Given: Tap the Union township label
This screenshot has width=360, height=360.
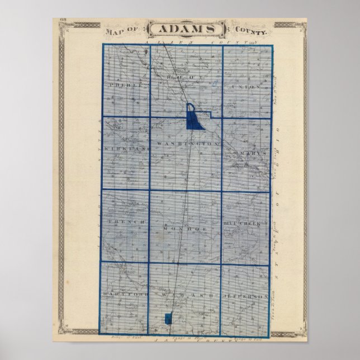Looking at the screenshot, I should pos(247,87).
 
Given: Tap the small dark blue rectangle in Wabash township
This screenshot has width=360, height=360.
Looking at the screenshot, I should pos(168,319).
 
